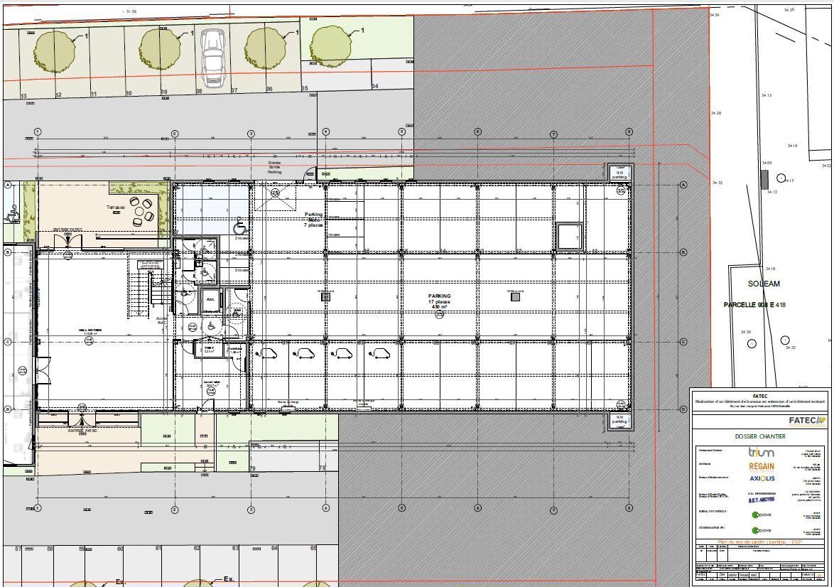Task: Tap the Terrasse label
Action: pos(115,208)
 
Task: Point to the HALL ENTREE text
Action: pos(90,330)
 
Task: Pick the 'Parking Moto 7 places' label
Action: pos(313,219)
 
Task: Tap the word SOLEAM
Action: pos(764,284)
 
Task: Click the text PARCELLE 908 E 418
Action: pos(754,305)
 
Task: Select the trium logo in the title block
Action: pos(761,452)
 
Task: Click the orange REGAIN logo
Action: pos(762,467)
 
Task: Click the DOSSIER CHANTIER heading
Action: pos(760,436)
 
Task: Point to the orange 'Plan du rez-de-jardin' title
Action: pos(760,542)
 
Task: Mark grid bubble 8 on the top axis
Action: pos(629,132)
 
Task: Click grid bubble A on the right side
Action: pos(683,185)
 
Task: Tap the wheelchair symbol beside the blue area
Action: pos(240,227)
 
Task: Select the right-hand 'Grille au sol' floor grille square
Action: pos(515,297)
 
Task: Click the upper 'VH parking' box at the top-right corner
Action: pos(619,173)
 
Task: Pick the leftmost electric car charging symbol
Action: pos(267,352)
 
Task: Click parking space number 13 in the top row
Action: pos(23,95)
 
